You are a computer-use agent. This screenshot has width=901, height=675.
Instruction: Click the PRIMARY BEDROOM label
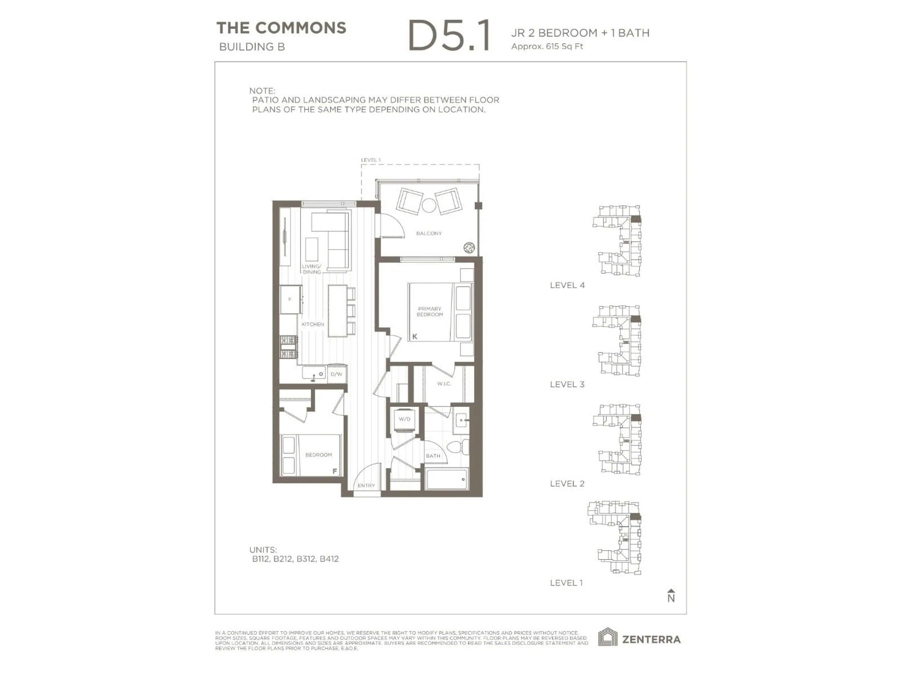(429, 312)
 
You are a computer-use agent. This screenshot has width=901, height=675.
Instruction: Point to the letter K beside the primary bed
(415, 337)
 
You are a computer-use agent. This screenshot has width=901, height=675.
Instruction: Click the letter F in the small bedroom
(335, 471)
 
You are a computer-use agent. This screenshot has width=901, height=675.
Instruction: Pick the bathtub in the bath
(447, 479)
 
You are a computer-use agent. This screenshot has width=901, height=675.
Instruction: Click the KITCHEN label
(313, 324)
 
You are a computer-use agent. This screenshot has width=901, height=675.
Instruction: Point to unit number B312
(306, 559)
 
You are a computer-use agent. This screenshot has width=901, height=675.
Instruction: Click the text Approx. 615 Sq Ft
(547, 46)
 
